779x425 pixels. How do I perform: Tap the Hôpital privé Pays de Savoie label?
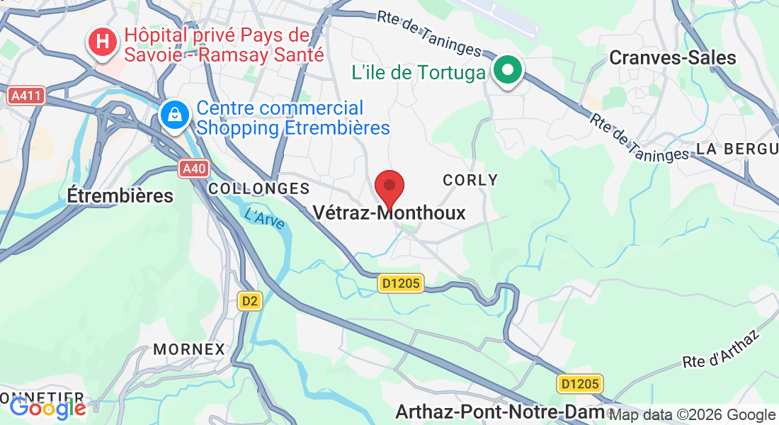coord(223,44)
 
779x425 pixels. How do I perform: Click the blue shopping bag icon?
coord(174,115)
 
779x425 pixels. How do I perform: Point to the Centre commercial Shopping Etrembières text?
coord(293,118)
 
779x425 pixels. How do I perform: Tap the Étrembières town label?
coord(120,195)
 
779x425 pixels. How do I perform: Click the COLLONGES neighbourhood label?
coord(259,188)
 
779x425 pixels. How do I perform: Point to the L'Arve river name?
coord(265,217)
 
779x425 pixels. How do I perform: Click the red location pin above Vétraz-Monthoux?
coord(389,188)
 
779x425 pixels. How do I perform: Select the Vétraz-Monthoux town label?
coord(389,212)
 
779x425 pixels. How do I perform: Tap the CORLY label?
coord(470,180)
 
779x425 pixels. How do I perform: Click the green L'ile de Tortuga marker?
coord(508,72)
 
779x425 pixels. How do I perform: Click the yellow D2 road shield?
coord(249,301)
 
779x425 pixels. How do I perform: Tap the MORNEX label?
coord(189,349)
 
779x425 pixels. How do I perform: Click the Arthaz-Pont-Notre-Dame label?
coord(500,412)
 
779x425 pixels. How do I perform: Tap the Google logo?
coord(47,408)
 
